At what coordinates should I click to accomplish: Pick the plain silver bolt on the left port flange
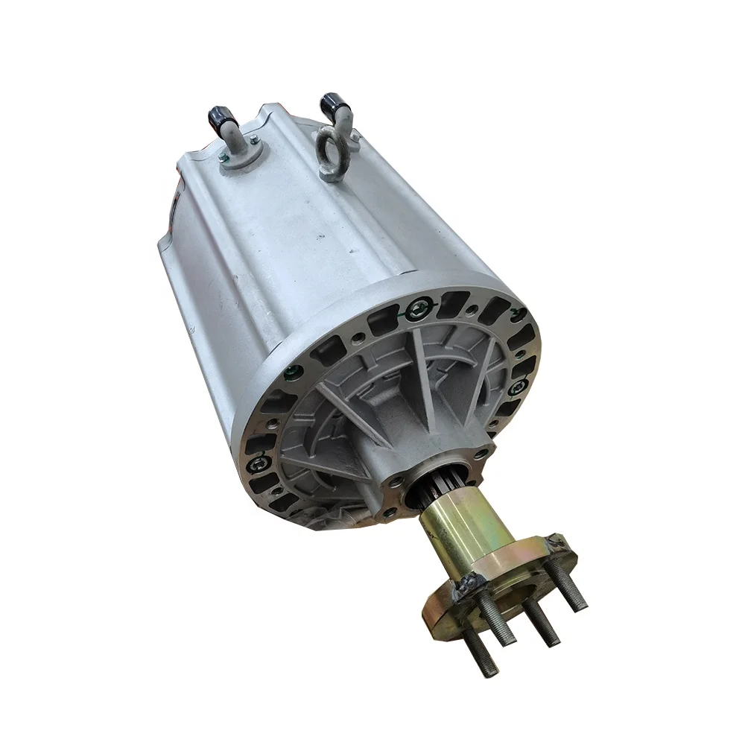tap(254, 139)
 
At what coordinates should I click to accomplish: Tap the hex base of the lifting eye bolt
tap(330, 174)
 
